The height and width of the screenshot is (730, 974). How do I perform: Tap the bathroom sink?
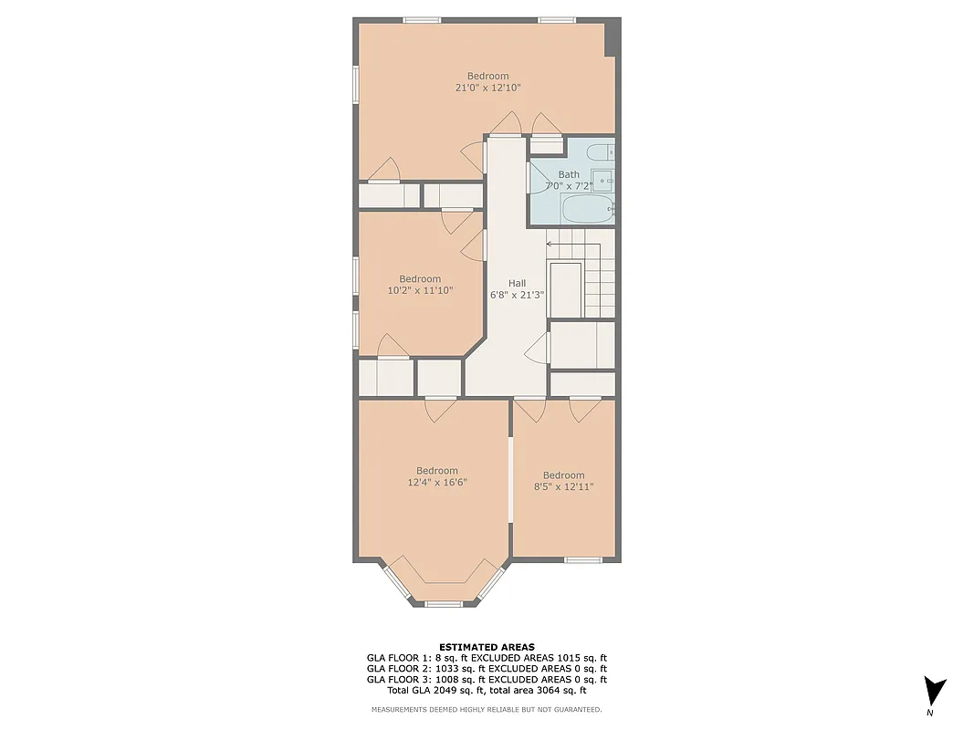tap(602, 181)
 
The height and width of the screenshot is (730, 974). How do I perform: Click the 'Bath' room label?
tap(569, 174)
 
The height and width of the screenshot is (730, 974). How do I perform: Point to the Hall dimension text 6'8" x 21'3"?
tap(518, 295)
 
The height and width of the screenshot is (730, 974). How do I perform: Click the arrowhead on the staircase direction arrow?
tap(550, 244)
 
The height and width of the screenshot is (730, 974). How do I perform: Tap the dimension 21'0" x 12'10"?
tap(488, 88)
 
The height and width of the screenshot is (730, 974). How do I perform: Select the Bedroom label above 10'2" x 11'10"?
tap(420, 279)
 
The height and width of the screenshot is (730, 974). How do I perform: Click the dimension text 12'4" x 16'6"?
tap(437, 483)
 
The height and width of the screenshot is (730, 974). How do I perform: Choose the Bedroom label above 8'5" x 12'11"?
tap(563, 475)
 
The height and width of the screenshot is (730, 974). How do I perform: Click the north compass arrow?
tap(934, 690)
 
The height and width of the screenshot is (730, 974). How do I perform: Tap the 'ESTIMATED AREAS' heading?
tap(487, 647)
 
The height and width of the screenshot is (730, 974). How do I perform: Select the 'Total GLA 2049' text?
tap(419, 691)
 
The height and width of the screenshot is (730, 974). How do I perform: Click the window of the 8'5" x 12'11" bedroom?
tap(582, 558)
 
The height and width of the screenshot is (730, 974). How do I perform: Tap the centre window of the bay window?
tap(444, 603)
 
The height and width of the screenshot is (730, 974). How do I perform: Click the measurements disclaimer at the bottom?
tap(487, 709)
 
